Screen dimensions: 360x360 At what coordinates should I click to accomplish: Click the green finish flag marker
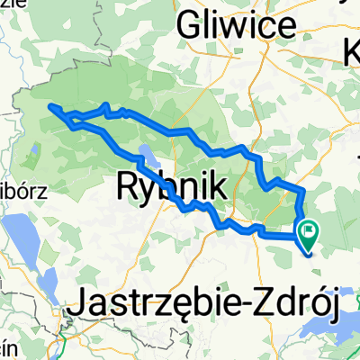point(308,235)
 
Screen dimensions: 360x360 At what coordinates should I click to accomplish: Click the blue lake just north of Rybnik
point(146,153)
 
